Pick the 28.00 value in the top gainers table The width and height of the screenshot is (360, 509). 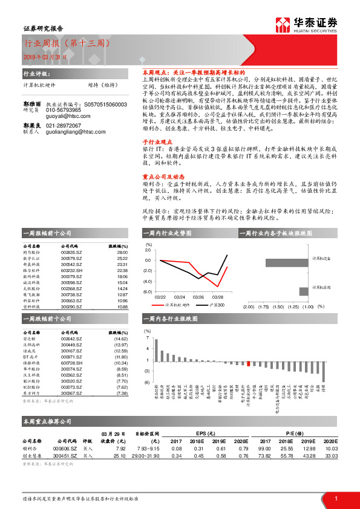pos(122,252)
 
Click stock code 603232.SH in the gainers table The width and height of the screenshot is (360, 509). pos(71,270)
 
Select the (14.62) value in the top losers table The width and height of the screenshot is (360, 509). pos(121,339)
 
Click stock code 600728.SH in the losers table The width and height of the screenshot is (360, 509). pos(71,363)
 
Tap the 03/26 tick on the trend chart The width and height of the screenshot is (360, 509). pos(198,297)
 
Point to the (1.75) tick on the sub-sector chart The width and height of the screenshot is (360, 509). pos(263,306)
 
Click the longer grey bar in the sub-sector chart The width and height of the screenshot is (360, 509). pos(287,263)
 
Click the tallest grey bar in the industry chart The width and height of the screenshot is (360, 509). pos(158,349)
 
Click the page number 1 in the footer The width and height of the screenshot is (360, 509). pos(336,498)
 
